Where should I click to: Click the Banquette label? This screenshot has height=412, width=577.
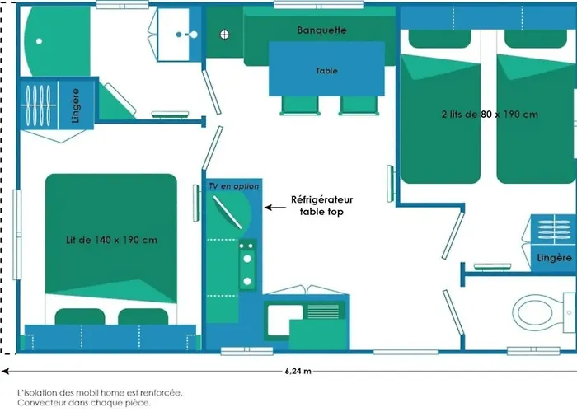(321, 30)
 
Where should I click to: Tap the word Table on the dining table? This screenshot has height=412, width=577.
(326, 71)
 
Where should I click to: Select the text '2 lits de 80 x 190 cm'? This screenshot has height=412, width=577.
(489, 115)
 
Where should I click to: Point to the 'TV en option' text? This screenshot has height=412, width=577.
(233, 186)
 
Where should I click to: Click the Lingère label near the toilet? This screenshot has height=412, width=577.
(553, 258)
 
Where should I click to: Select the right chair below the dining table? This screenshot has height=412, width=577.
(355, 105)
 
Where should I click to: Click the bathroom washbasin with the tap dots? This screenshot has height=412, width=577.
(181, 35)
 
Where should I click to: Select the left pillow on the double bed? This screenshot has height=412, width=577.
(82, 316)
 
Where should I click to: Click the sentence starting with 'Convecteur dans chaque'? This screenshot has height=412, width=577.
(84, 403)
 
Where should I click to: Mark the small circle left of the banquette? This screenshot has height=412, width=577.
(223, 34)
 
